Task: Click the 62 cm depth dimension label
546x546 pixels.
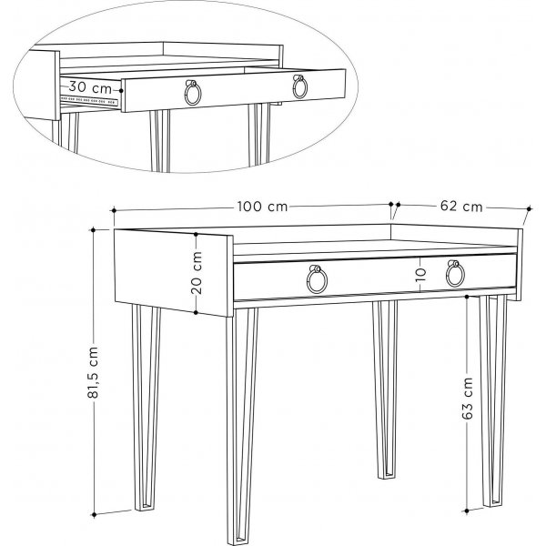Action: [x=461, y=207]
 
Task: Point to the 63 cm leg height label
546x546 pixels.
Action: [x=467, y=398]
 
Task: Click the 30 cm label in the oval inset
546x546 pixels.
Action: [x=90, y=88]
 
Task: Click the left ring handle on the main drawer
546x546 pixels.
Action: [x=317, y=280]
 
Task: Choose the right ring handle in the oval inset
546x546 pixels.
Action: [x=299, y=86]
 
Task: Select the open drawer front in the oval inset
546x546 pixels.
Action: [x=237, y=91]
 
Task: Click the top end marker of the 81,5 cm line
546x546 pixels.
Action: [x=115, y=230]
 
